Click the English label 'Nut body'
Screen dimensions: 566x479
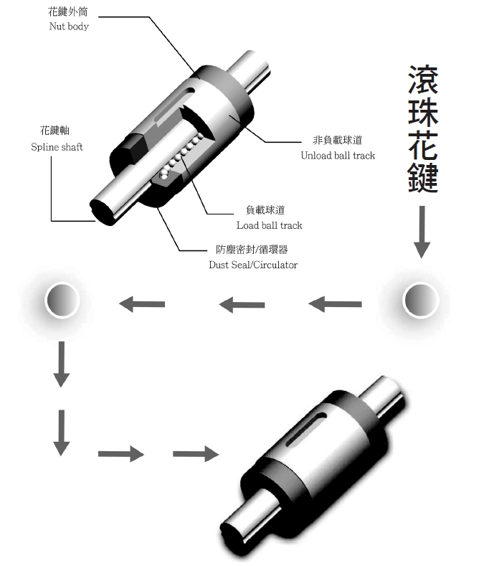(69, 27)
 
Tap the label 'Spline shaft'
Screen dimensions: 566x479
(57, 147)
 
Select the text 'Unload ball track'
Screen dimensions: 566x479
(338, 155)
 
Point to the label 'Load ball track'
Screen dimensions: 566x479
(270, 225)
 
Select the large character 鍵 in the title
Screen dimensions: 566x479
(423, 176)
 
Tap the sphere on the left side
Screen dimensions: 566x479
(63, 300)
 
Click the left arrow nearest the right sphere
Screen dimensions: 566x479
(336, 304)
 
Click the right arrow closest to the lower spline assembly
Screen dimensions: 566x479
(195, 453)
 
